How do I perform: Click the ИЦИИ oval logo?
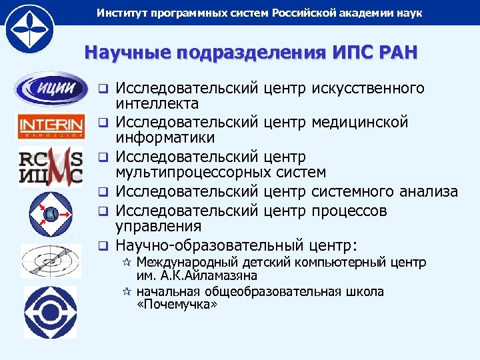coord(51,89)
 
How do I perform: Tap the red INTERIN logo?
coord(51,125)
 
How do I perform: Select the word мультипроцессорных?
coord(193,173)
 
